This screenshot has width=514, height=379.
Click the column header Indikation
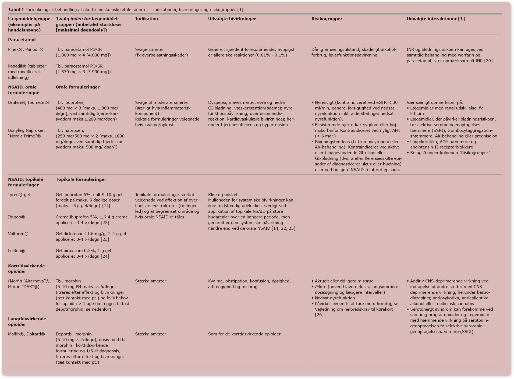146,19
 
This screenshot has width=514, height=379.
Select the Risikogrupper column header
327,19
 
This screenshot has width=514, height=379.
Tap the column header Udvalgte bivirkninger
232,19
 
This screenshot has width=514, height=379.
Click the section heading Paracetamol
22,40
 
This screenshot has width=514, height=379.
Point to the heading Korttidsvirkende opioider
26,268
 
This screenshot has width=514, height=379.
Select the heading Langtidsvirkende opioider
27,321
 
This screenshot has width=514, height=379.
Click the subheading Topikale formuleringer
81,179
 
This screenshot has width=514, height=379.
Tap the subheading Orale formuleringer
77,87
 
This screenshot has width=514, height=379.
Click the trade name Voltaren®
18,234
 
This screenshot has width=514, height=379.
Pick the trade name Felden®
16,251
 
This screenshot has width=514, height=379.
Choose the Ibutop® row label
16,217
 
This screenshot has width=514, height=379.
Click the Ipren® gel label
19,195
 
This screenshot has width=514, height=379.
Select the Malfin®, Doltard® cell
26,334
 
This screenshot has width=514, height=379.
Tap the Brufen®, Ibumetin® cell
29,102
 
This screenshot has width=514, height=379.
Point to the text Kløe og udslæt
223,195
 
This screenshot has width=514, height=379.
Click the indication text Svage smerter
149,49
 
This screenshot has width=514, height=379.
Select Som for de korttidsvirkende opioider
244,334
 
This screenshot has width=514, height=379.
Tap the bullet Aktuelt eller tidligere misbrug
344,281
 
